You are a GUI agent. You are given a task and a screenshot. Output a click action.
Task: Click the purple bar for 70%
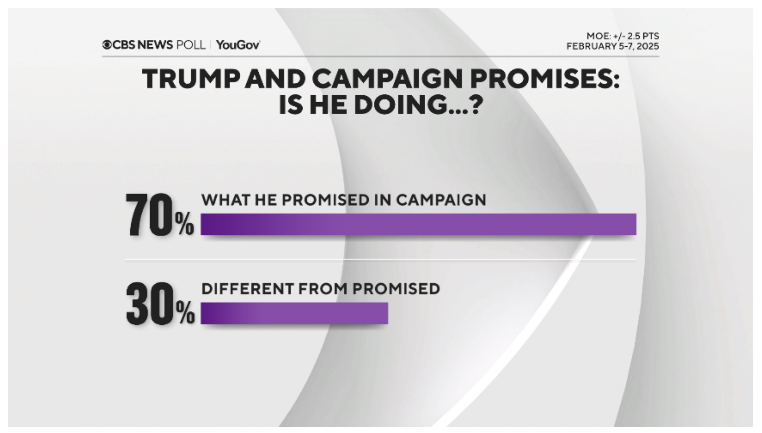(x=418, y=224)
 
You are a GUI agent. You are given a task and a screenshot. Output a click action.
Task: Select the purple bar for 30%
(x=294, y=313)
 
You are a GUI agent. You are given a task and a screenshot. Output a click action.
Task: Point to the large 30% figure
(x=160, y=304)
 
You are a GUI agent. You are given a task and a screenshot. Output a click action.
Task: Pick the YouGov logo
(x=238, y=45)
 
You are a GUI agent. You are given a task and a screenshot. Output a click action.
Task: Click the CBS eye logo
(x=107, y=45)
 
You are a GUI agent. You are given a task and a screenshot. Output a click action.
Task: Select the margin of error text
(x=622, y=36)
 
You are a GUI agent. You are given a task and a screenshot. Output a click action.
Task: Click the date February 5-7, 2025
(x=612, y=46)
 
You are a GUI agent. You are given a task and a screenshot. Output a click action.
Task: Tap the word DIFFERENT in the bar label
(x=247, y=289)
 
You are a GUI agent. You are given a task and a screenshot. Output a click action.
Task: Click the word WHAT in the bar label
(x=225, y=200)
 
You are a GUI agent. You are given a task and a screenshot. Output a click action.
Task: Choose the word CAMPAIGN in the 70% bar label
(x=441, y=200)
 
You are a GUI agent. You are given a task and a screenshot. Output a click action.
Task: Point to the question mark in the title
(x=475, y=105)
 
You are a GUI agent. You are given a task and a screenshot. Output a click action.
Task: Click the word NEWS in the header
(x=155, y=45)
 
